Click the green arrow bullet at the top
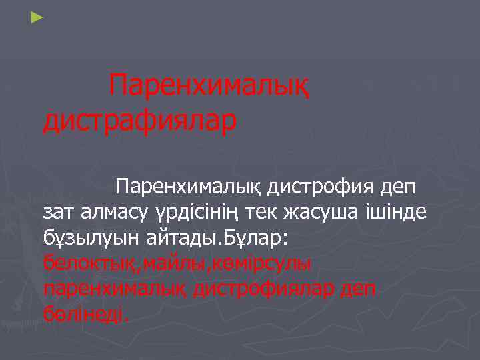pyautogui.click(x=37, y=15)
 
